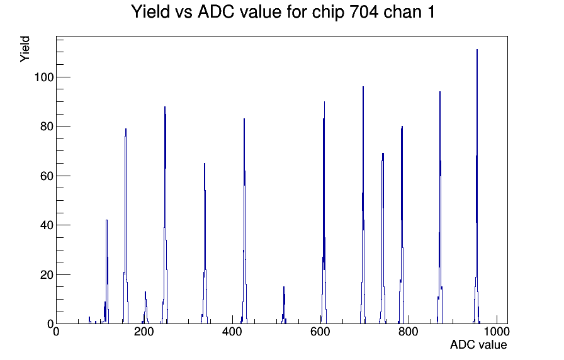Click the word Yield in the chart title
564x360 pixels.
click(x=150, y=11)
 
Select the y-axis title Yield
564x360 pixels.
click(x=25, y=49)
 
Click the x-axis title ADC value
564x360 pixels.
click(x=478, y=344)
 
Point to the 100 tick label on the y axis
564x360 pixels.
click(x=44, y=77)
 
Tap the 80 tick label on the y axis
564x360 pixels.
click(x=47, y=127)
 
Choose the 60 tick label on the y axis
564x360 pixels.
click(x=47, y=176)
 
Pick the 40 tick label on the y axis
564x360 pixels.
click(x=47, y=225)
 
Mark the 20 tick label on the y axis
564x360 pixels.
click(x=47, y=275)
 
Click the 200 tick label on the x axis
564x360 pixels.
click(x=144, y=332)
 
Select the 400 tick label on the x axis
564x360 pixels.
click(x=232, y=332)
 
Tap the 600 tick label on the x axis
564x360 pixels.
click(x=320, y=332)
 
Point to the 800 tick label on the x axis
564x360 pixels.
click(x=409, y=332)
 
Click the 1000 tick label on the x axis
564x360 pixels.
click(x=497, y=332)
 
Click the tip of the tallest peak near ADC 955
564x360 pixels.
click(x=477, y=50)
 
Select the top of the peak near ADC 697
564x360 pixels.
click(x=363, y=87)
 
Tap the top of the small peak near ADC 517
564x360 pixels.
click(x=284, y=286)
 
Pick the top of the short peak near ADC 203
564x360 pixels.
click(x=145, y=291)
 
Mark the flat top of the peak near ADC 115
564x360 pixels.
click(x=107, y=220)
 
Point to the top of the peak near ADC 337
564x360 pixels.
click(x=205, y=163)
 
